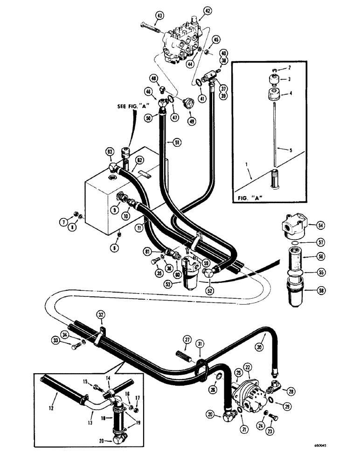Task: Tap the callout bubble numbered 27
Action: (x=187, y=339)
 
